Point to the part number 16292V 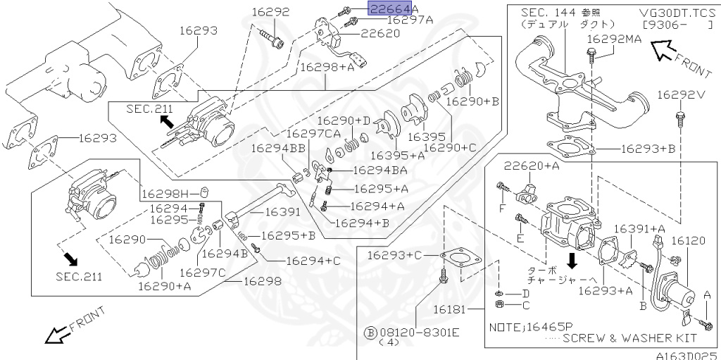pyautogui.click(x=680, y=94)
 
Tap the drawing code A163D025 pyautogui.click(x=686, y=355)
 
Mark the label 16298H pyautogui.click(x=167, y=192)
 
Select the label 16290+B pyautogui.click(x=472, y=101)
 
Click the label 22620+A pyautogui.click(x=532, y=166)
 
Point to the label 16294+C pyautogui.click(x=313, y=260)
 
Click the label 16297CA pyautogui.click(x=313, y=133)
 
